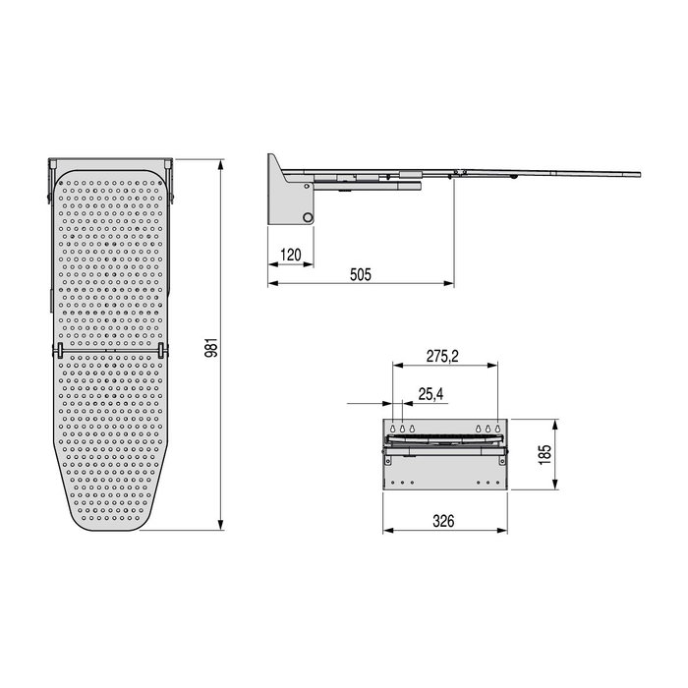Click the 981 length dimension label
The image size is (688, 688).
[211, 348]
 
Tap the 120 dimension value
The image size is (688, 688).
[291, 255]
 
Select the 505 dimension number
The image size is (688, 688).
[361, 274]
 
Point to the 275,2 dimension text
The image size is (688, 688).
[442, 356]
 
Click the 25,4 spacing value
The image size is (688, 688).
[430, 394]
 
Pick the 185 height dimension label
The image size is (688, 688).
[545, 454]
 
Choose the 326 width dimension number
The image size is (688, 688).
[443, 521]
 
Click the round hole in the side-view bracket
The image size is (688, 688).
[308, 217]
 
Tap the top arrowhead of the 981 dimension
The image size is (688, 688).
[221, 164]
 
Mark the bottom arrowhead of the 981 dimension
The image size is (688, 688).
[221, 525]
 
